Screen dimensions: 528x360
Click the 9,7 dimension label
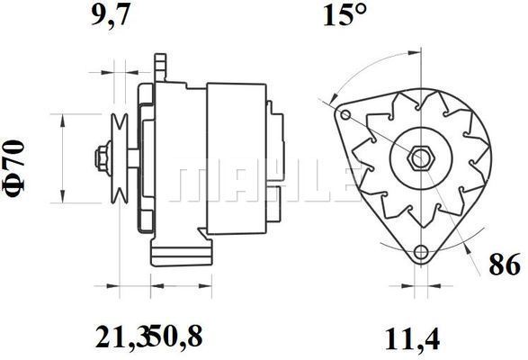[110, 15]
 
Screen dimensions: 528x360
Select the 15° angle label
[344, 15]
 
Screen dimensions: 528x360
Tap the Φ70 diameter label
[14, 167]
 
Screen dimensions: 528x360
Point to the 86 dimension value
[504, 265]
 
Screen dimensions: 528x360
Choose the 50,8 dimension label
[177, 337]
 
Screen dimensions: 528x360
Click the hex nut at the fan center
[421, 157]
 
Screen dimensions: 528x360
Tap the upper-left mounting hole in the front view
[345, 115]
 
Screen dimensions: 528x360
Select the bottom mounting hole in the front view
[421, 252]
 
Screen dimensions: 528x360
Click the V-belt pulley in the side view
[120, 158]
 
